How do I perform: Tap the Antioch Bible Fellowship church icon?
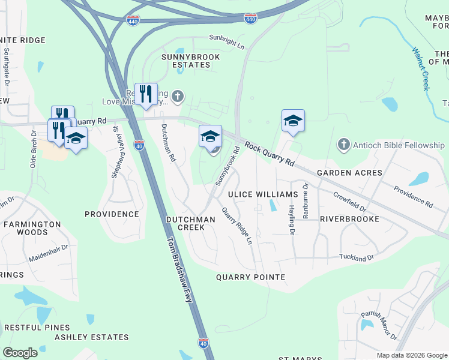click(x=343, y=145)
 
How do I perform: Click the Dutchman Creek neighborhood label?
click(x=190, y=223)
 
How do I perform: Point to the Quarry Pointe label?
click(x=250, y=277)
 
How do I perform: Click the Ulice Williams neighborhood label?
click(x=263, y=195)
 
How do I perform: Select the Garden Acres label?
click(x=349, y=173)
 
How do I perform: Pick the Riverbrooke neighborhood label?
click(x=349, y=219)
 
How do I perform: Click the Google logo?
click(x=20, y=353)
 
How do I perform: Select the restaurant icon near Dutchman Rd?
click(x=146, y=94)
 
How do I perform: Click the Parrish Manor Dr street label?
click(x=379, y=326)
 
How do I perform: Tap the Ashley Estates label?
click(x=91, y=337)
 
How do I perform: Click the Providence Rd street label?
click(x=413, y=197)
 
